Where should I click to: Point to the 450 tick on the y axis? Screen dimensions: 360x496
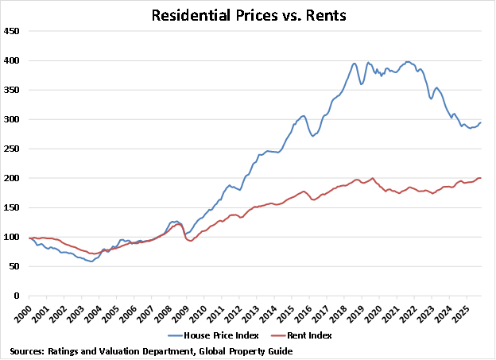tap(12, 31)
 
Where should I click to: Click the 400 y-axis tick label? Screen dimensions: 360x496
tap(12, 60)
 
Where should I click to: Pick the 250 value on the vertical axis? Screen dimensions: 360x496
tap(12, 149)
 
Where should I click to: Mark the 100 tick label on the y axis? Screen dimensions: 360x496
tap(12, 237)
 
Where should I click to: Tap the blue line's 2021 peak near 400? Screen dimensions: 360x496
tap(408, 61)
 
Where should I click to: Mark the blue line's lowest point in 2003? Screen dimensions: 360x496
tap(91, 261)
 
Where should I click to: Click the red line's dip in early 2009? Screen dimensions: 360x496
tap(189, 240)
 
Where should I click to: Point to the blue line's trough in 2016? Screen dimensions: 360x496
tap(313, 136)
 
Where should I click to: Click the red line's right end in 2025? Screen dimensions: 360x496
tap(480, 178)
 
